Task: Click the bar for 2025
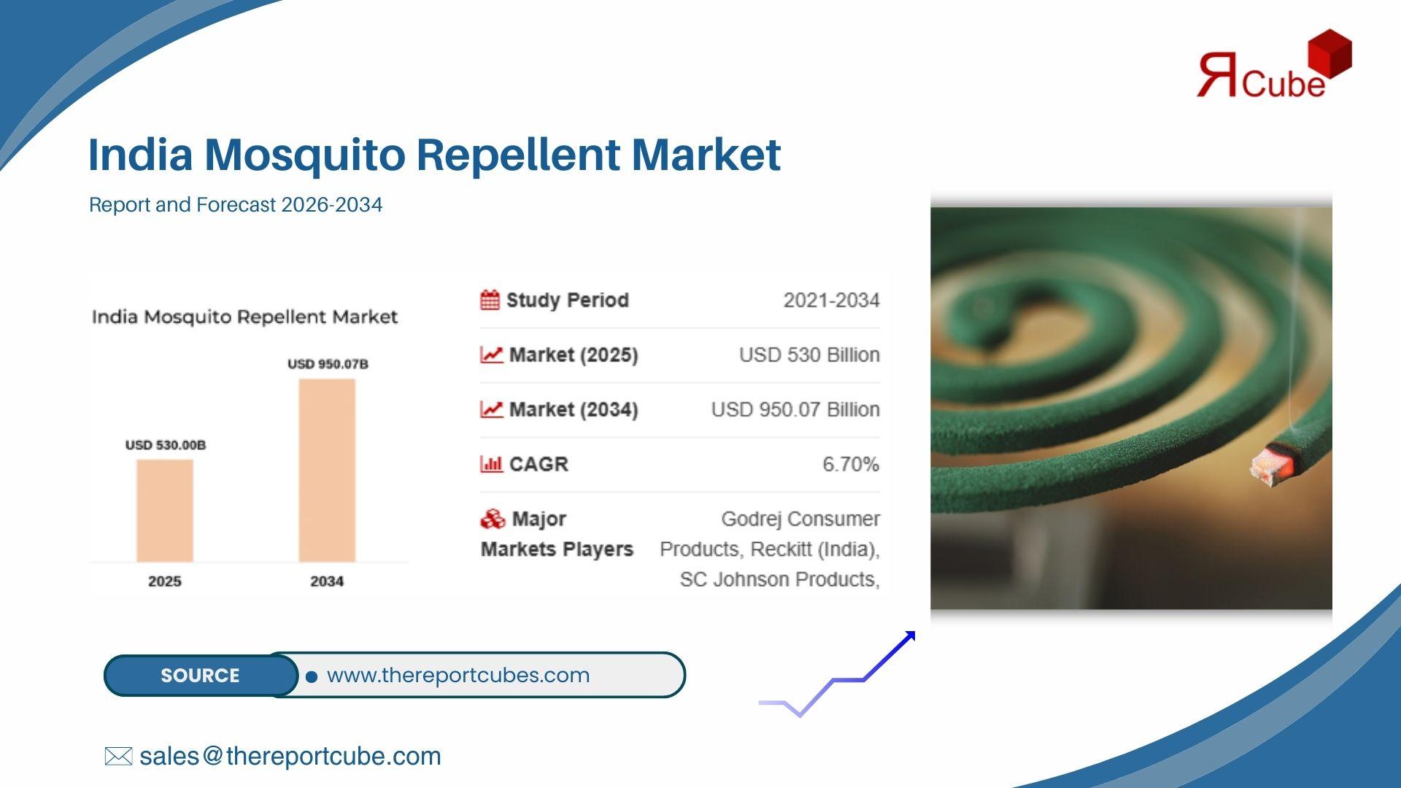point(165,511)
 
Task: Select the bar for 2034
point(327,471)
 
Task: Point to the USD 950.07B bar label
point(328,364)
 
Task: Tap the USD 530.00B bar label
point(166,445)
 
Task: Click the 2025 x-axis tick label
point(165,582)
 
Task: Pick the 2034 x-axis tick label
point(327,582)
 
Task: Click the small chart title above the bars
point(244,317)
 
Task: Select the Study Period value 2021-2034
point(831,301)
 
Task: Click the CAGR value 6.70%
point(851,464)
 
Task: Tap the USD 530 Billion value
point(809,355)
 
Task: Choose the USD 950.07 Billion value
point(795,410)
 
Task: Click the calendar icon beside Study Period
point(490,300)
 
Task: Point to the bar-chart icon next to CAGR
point(491,464)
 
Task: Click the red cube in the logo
point(1329,53)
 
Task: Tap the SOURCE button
point(201,676)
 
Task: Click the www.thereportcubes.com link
point(458,676)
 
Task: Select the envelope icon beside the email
point(118,757)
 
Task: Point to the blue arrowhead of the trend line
point(909,638)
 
